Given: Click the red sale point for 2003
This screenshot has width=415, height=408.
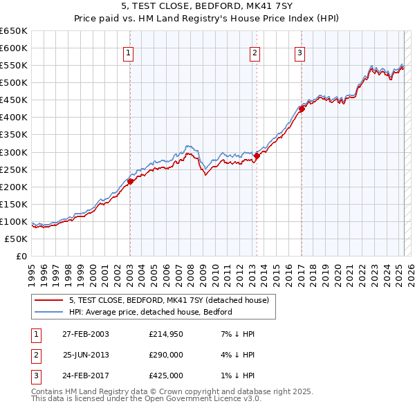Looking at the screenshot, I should coord(130,181).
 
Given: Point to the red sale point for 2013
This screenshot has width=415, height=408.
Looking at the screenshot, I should coord(257,156).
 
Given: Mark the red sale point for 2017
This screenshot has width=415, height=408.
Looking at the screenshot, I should coord(302,109).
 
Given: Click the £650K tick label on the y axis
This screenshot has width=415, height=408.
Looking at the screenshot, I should coord(14,31).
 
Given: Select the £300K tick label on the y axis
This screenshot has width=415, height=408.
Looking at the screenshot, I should coord(14,152).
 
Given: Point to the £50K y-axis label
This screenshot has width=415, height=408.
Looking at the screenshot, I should coord(17,239).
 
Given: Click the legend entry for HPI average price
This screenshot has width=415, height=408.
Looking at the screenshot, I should coord(150,312).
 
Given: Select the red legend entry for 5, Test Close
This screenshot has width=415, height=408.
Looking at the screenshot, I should coord(173,300).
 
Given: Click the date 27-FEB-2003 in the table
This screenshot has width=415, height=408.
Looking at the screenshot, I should coord(86,334).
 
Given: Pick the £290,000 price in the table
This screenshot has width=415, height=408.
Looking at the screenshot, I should coord(166,355).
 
